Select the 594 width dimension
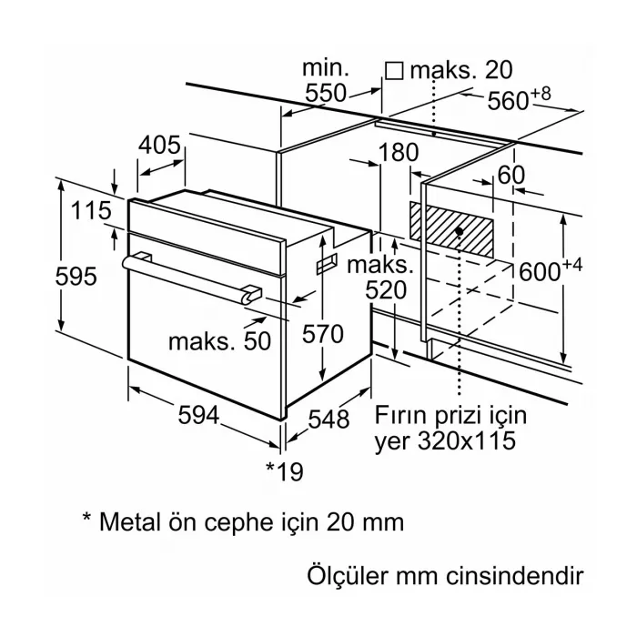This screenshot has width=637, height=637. click(197, 416)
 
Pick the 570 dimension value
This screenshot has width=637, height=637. click(323, 334)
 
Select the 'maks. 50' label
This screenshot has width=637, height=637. click(219, 340)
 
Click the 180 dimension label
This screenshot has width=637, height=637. click(397, 152)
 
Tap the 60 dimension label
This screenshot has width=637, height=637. click(511, 174)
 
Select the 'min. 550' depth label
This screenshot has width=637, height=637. click(325, 80)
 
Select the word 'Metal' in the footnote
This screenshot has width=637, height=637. click(132, 522)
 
